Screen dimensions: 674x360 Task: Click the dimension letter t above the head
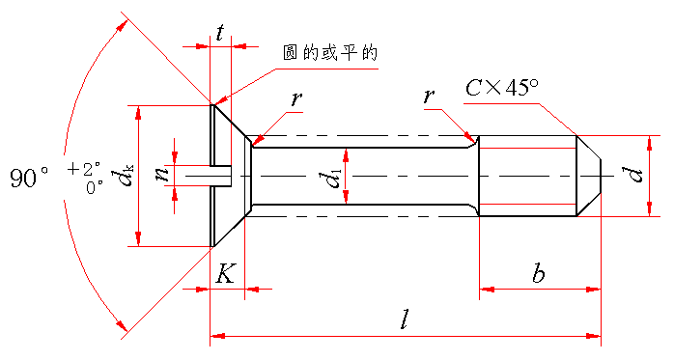coord(220,33)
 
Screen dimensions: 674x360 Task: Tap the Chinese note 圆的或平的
coord(330,53)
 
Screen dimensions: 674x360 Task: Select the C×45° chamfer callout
coord(502,88)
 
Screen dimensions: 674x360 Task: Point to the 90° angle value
coord(29,178)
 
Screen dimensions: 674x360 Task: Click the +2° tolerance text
coord(84,168)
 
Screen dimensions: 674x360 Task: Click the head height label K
coord(225,273)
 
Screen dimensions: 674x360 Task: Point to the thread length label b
coord(539,272)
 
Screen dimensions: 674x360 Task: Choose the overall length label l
coord(404,319)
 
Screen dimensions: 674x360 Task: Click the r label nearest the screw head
coord(295,98)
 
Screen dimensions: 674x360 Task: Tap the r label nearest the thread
coord(428,97)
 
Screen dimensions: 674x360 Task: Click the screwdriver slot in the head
coord(221,176)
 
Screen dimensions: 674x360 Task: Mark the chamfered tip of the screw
coord(589,176)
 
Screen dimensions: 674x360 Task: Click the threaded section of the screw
coord(527,176)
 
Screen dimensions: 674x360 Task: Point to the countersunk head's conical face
coord(230,176)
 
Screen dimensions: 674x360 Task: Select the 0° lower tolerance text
coord(94,188)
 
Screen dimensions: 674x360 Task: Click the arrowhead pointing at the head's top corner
coord(220,101)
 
